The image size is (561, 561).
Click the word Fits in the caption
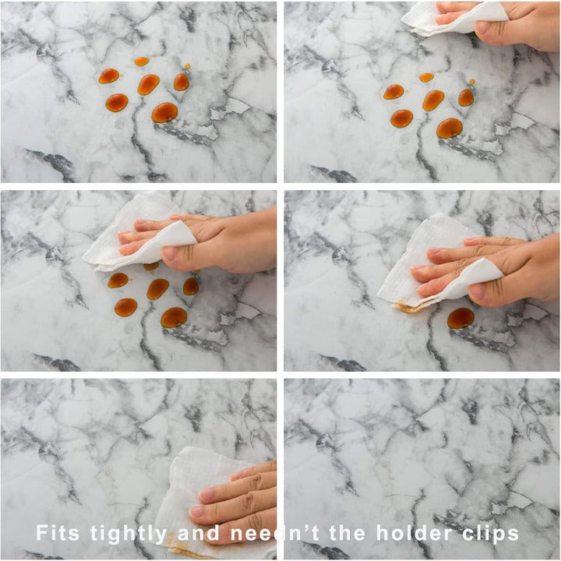click(x=58, y=532)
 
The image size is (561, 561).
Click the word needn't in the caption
click(x=274, y=533)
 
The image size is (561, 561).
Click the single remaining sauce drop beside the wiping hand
click(x=460, y=318)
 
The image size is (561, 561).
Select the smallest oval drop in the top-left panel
click(x=142, y=62)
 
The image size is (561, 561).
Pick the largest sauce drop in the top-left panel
click(x=164, y=112)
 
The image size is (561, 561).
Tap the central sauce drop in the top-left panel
click(x=148, y=84)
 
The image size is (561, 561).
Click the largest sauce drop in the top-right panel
click(x=450, y=128)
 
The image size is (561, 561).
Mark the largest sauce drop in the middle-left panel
click(x=174, y=317)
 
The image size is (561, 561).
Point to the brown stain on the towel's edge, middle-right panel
click(x=411, y=307)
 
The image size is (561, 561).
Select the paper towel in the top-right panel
click(x=454, y=19)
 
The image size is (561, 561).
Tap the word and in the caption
click(x=199, y=533)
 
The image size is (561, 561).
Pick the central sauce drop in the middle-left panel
click(x=157, y=289)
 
